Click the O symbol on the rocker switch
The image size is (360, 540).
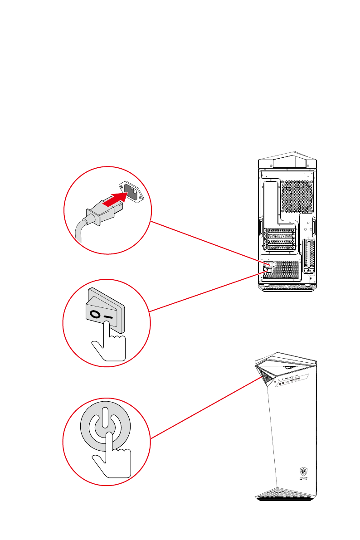[95, 313]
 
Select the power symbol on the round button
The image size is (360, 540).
[105, 427]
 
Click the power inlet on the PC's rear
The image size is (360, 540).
[268, 263]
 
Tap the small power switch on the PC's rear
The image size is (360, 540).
[268, 271]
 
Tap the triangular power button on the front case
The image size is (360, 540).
[266, 377]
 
